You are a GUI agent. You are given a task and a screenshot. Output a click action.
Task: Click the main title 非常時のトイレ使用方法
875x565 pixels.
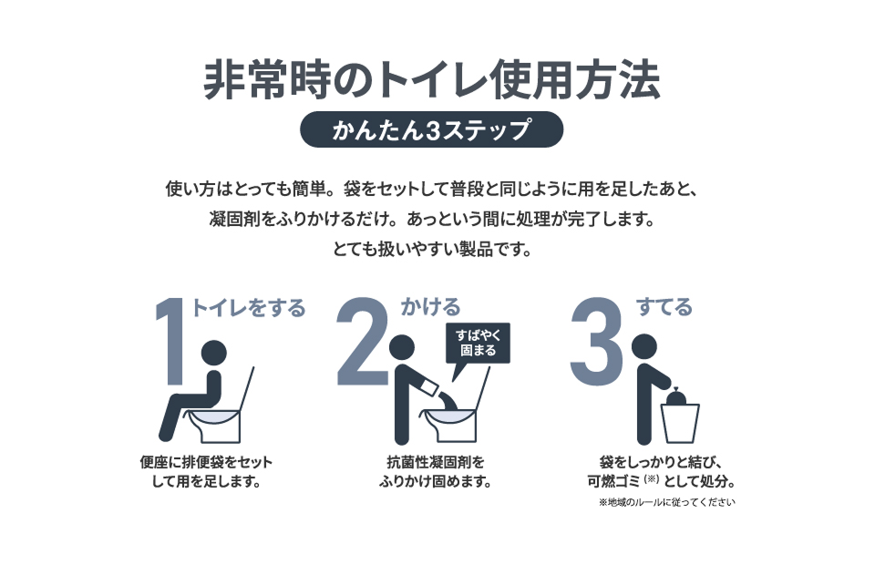(x=432, y=80)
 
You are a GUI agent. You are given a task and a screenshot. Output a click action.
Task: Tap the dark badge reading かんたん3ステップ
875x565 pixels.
(x=431, y=129)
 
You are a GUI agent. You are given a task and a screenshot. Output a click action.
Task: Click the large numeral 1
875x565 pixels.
(x=171, y=342)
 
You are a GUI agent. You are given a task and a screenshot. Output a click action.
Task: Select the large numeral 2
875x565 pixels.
(x=364, y=341)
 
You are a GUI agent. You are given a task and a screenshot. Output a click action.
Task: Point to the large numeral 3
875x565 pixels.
(x=596, y=341)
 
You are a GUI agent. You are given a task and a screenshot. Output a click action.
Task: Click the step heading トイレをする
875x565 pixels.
(x=248, y=307)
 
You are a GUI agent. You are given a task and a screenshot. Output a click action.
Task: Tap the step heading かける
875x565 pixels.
(x=430, y=307)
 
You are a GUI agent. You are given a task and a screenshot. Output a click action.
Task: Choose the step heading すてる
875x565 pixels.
(x=664, y=307)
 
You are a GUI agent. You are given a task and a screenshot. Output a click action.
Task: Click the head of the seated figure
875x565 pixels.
(x=213, y=354)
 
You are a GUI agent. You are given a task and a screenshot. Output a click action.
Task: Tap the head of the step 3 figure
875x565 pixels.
(x=644, y=347)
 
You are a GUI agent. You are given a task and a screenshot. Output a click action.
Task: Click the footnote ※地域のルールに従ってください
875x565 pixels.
(x=667, y=502)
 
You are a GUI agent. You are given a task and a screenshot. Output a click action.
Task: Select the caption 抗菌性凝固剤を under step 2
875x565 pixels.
(x=436, y=462)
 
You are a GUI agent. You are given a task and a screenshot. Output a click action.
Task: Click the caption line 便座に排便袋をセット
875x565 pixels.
(x=206, y=462)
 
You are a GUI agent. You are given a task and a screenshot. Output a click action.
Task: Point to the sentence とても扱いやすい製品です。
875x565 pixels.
(x=432, y=249)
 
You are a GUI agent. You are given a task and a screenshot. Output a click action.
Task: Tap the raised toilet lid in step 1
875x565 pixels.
(x=247, y=389)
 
